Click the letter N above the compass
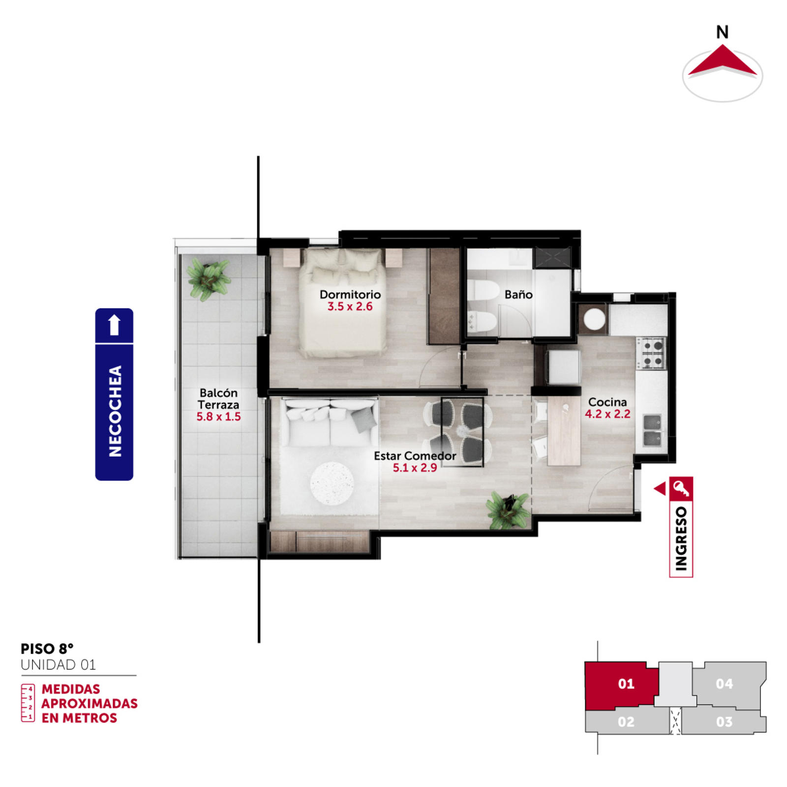click(x=722, y=32)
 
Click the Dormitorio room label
click(x=350, y=294)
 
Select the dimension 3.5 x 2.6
click(x=350, y=306)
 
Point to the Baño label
click(x=518, y=294)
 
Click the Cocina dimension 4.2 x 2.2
click(x=607, y=414)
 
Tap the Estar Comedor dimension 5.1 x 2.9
click(x=415, y=467)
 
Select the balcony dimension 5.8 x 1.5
click(x=218, y=417)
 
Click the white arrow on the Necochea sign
click(x=114, y=325)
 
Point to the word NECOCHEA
click(x=115, y=411)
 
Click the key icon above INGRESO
click(x=681, y=488)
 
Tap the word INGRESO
click(x=681, y=539)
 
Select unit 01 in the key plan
click(x=626, y=684)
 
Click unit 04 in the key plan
click(x=724, y=684)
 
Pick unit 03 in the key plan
click(x=724, y=722)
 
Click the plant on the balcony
click(x=209, y=279)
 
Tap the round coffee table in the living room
click(x=332, y=483)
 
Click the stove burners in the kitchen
click(x=652, y=353)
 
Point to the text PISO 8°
click(x=47, y=649)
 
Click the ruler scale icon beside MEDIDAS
click(x=28, y=703)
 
